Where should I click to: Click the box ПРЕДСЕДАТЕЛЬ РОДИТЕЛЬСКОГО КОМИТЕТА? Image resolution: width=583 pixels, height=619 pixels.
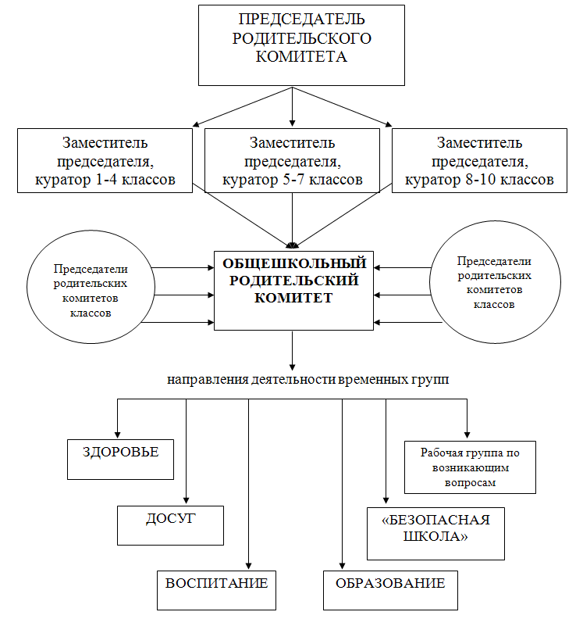(x=301, y=45)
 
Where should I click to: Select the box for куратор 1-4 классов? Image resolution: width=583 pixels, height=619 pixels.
(x=105, y=161)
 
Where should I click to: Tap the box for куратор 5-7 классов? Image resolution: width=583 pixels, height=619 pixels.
(x=292, y=161)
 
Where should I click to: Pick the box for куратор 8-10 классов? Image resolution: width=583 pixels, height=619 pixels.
(x=479, y=161)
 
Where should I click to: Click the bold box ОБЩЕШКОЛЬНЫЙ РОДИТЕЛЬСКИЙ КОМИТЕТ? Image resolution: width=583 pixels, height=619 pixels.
(x=293, y=291)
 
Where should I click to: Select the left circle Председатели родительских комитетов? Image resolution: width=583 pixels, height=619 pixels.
(x=91, y=287)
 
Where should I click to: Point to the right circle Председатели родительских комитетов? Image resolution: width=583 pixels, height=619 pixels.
(x=495, y=282)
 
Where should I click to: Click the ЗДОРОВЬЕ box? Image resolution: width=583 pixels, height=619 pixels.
(x=121, y=460)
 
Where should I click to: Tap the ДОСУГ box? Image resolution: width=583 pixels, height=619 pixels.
(x=170, y=525)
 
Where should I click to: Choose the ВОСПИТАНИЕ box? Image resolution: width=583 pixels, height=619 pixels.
(x=216, y=590)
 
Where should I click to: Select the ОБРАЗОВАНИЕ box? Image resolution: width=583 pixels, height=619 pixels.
(x=391, y=590)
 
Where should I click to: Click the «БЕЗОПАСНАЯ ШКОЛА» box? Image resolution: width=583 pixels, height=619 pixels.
(x=435, y=534)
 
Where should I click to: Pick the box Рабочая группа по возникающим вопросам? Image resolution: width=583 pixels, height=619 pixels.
(x=471, y=467)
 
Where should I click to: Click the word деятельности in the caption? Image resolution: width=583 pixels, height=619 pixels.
(x=293, y=379)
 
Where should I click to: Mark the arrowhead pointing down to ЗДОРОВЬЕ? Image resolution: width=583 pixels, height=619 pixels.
(x=118, y=435)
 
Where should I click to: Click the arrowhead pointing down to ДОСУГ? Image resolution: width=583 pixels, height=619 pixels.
(x=186, y=500)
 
